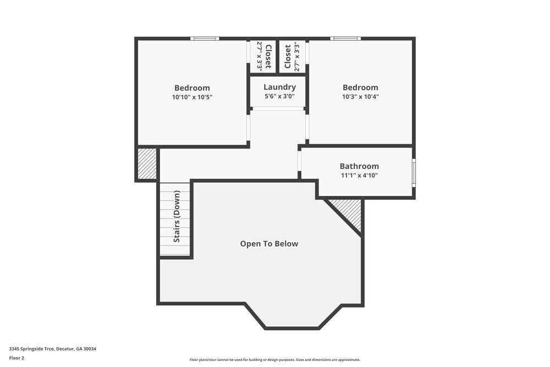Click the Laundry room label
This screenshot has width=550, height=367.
pos(279,87)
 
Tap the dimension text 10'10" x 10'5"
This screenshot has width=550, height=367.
pos(192,97)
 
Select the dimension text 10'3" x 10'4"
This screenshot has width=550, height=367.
pos(360,96)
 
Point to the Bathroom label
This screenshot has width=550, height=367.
pos(359,166)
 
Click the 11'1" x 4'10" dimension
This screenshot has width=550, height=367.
pos(359,176)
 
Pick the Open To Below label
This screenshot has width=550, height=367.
pos(269,244)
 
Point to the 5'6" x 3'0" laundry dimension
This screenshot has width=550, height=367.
pos(279,96)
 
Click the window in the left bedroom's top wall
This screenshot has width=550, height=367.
pos(205,39)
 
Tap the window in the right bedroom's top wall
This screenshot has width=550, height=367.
pos(345,39)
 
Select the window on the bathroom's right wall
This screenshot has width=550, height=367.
pos(414,172)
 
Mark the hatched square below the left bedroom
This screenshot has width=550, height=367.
pos(147,163)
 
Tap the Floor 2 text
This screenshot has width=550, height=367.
pos(16,358)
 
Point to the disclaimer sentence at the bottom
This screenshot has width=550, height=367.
pos(275,359)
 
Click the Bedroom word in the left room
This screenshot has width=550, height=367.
pos(192,87)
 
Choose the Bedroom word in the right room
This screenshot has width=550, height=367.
pos(360,87)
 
